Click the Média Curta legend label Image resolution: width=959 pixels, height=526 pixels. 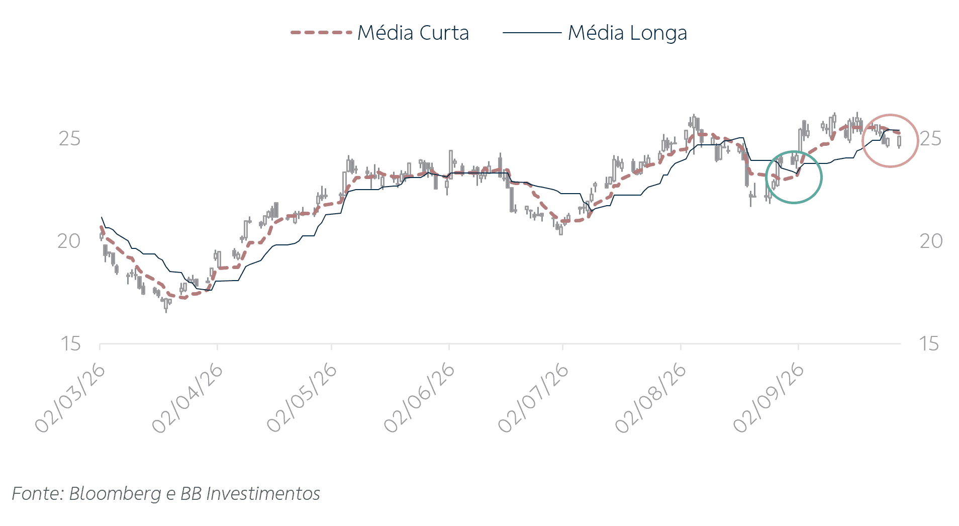413,33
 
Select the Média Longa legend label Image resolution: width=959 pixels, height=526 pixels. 627,33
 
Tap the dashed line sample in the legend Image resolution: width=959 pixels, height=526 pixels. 321,33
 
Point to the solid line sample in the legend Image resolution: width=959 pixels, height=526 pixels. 532,33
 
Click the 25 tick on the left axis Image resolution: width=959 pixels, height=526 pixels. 69,139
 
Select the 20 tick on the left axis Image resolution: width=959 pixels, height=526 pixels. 69,241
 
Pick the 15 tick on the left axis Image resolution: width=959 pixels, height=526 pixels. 70,344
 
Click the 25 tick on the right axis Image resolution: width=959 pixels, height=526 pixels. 931,139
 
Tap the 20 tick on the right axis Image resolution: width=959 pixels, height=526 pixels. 931,241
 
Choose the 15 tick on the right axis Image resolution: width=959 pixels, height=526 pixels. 929,344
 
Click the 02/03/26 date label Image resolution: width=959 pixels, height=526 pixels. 70,398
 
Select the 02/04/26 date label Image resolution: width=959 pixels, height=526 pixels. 187,398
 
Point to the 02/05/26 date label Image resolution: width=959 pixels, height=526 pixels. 302,398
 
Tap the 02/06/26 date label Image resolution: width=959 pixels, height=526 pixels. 419,398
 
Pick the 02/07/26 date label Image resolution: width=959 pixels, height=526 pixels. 533,398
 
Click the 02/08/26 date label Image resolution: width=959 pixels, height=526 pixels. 650,398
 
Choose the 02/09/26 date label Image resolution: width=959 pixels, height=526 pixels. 769,398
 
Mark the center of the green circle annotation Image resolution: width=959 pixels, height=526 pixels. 794,177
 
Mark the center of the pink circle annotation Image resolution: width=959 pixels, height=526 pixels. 890,141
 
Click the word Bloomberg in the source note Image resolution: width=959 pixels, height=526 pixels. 115,494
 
